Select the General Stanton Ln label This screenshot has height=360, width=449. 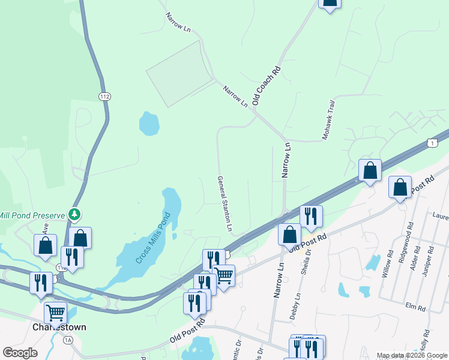[x=224, y=204]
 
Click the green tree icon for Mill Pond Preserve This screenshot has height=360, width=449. [x=74, y=214]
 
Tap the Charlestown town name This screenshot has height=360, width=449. [x=60, y=328]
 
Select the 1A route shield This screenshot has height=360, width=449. [x=68, y=340]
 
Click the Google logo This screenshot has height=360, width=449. [x=20, y=353]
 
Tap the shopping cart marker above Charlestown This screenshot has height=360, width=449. [x=55, y=312]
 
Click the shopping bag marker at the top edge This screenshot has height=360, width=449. [x=329, y=2]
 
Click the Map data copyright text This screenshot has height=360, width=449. [x=412, y=356]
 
